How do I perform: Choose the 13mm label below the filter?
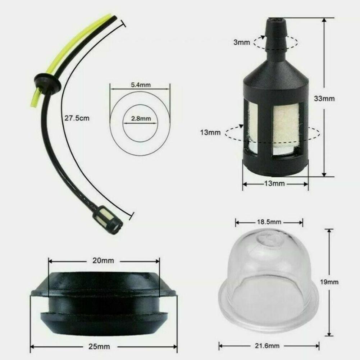[274, 184]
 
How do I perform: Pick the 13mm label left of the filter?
[210, 132]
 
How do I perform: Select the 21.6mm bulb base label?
[270, 346]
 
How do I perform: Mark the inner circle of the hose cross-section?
[138, 129]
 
